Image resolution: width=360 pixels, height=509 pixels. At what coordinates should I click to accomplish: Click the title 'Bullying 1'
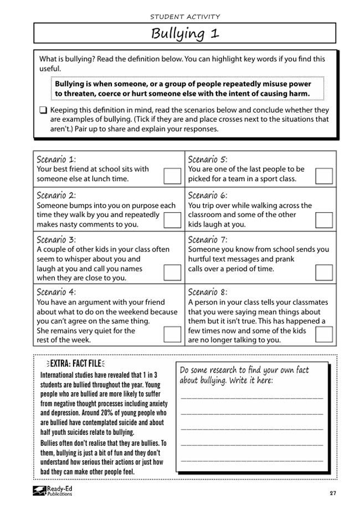point(185,33)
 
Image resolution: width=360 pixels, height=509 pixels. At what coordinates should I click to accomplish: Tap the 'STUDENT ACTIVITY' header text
point(185,16)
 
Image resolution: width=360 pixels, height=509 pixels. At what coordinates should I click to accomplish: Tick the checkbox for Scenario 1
point(172,176)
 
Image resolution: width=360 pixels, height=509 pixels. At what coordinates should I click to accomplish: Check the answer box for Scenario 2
point(172,220)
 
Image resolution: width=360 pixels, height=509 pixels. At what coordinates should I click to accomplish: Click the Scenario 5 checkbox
point(323,176)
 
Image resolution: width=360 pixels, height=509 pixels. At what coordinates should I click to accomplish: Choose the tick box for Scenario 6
point(323,220)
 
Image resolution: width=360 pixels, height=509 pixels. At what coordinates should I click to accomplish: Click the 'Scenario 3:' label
point(56,240)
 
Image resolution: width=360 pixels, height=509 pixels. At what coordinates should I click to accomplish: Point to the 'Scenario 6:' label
point(208,196)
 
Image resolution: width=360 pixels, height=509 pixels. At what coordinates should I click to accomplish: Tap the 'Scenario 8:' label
point(208,292)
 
